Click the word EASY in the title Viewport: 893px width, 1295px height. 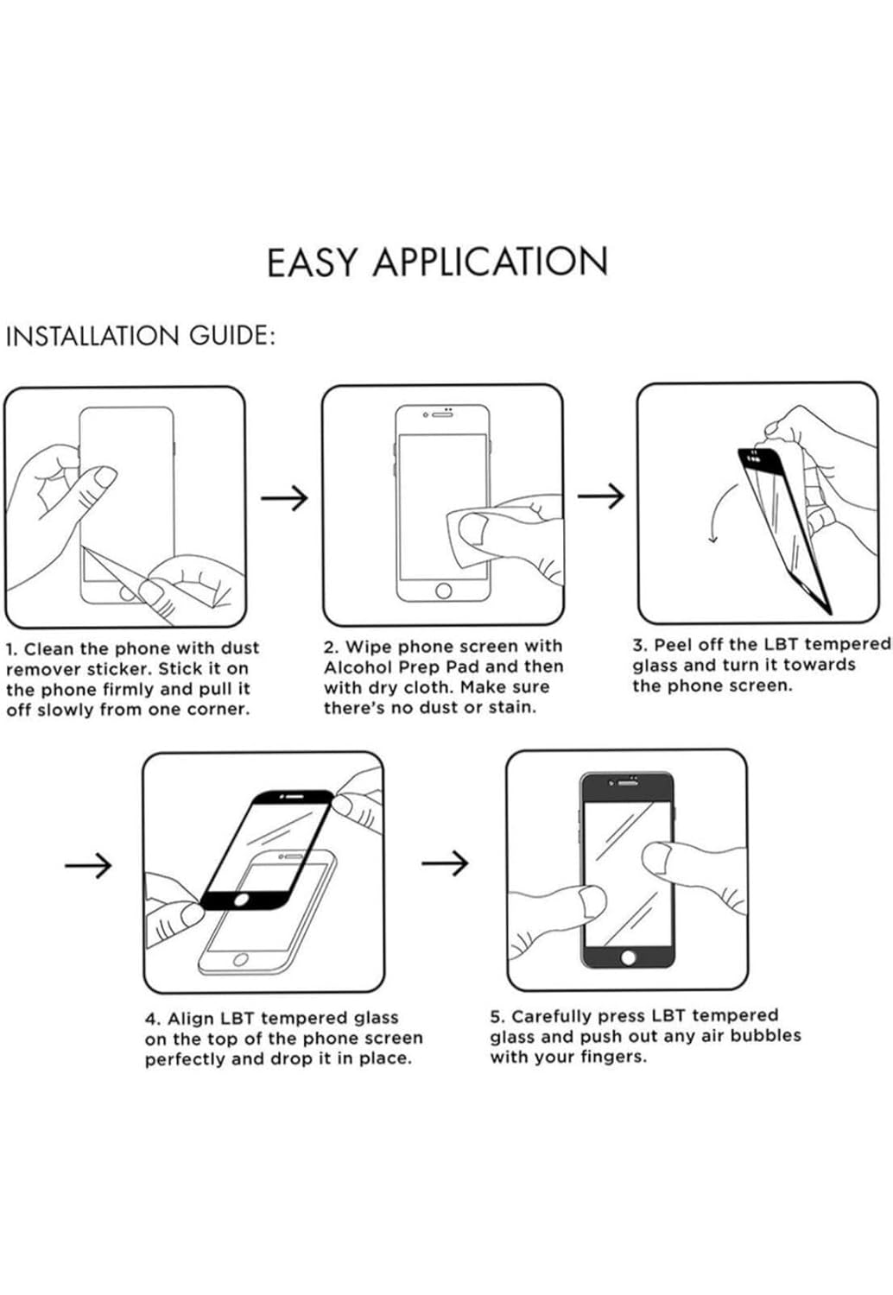[311, 262]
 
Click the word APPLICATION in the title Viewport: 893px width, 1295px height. [491, 262]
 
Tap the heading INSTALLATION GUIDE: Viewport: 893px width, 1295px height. [140, 336]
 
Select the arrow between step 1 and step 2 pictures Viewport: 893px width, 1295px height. [284, 497]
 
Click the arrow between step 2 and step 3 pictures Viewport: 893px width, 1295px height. [600, 496]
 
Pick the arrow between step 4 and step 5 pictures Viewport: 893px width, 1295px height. [445, 862]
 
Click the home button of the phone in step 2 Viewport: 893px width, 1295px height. [444, 591]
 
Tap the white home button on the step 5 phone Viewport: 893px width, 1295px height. [629, 957]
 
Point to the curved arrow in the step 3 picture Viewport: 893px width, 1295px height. [722, 514]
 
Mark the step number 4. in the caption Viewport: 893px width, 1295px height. [153, 1020]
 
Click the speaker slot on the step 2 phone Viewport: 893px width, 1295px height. [443, 415]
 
